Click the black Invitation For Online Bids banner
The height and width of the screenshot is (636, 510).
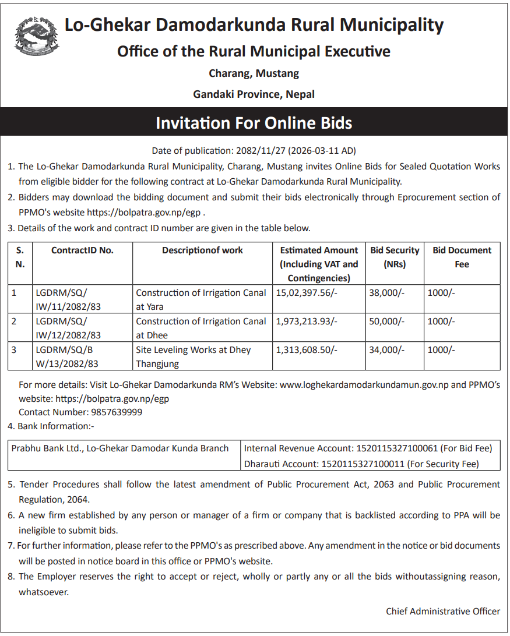pyautogui.click(x=254, y=123)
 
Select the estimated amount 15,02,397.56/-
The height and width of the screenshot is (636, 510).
pyautogui.click(x=306, y=293)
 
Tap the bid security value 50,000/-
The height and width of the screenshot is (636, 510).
pyautogui.click(x=387, y=321)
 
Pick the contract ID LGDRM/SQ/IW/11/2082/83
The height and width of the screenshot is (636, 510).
pyautogui.click(x=69, y=299)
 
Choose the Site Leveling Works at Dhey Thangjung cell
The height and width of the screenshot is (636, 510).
pyautogui.click(x=194, y=356)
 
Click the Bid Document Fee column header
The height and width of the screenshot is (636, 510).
pyautogui.click(x=462, y=257)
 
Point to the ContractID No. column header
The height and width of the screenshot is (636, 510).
pyautogui.click(x=82, y=250)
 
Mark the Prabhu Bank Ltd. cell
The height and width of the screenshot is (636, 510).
pyautogui.click(x=120, y=448)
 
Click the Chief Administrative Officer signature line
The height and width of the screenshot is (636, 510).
pyautogui.click(x=442, y=612)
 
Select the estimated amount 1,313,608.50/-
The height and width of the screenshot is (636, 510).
pyautogui.click(x=306, y=350)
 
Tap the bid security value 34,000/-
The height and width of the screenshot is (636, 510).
pyautogui.click(x=387, y=350)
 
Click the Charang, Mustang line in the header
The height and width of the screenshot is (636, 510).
pyautogui.click(x=254, y=73)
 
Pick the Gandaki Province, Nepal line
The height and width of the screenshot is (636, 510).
pyautogui.click(x=254, y=94)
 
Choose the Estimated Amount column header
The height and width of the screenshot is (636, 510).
pyautogui.click(x=319, y=264)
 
